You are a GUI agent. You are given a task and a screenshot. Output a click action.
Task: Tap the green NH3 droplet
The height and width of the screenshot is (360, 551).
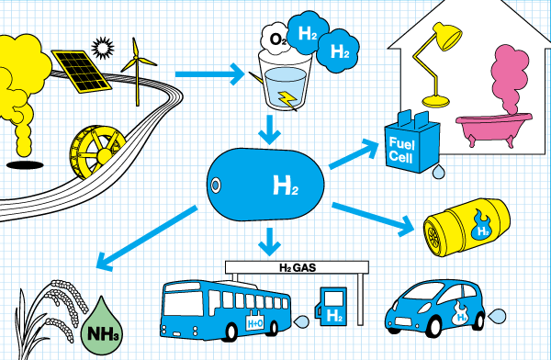tap(102, 322)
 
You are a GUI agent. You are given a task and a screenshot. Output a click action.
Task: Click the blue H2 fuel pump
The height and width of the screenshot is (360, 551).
tap(332, 307)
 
